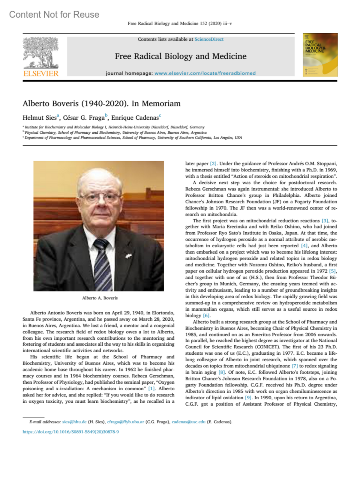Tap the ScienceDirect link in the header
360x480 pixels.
pos(209,39)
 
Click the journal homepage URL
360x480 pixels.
pos(205,73)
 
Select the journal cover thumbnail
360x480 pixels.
pos(320,55)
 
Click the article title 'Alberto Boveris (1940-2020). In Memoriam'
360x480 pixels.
pos(101,103)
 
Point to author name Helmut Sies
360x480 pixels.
pos(40,118)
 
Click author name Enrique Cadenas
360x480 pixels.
pos(135,118)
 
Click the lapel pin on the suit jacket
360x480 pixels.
pos(129,256)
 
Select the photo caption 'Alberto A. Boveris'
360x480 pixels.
pos(100,298)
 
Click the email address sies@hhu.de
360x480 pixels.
pos(74,422)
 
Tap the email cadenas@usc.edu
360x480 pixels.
pos(188,422)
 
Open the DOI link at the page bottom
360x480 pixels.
pos(70,432)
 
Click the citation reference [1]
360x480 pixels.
pos(151,389)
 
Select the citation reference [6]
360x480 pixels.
pos(206,315)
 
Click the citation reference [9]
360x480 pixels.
pos(248,398)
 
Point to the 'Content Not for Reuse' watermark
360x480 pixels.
pos(54,14)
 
